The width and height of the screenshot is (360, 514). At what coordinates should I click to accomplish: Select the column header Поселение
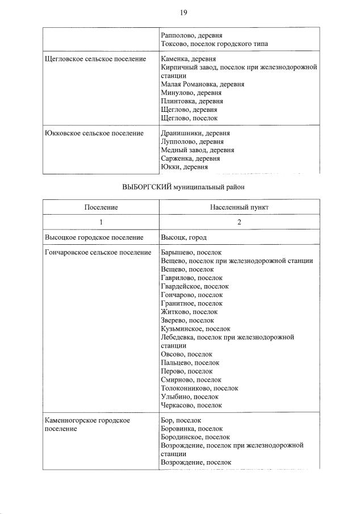coord(101,207)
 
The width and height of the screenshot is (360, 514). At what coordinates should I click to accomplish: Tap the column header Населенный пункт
coord(239,207)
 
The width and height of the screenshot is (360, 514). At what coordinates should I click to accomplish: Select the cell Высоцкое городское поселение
coord(94,237)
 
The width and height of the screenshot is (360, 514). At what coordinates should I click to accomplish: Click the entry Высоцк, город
coord(183,237)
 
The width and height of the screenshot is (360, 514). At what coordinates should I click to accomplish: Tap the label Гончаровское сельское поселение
coord(98,252)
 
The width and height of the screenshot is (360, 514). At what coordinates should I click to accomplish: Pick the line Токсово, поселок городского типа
coord(215,44)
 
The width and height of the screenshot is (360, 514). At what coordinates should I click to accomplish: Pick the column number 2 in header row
coord(239,222)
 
